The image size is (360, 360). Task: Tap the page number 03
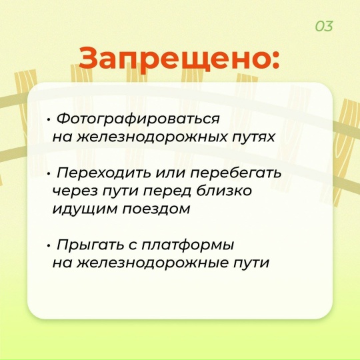click(x=324, y=26)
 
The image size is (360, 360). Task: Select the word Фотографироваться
click(x=138, y=119)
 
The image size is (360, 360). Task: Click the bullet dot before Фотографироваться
click(x=49, y=121)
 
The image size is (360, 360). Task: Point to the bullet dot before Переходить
click(x=49, y=175)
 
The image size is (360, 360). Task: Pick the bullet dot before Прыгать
click(x=49, y=246)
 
